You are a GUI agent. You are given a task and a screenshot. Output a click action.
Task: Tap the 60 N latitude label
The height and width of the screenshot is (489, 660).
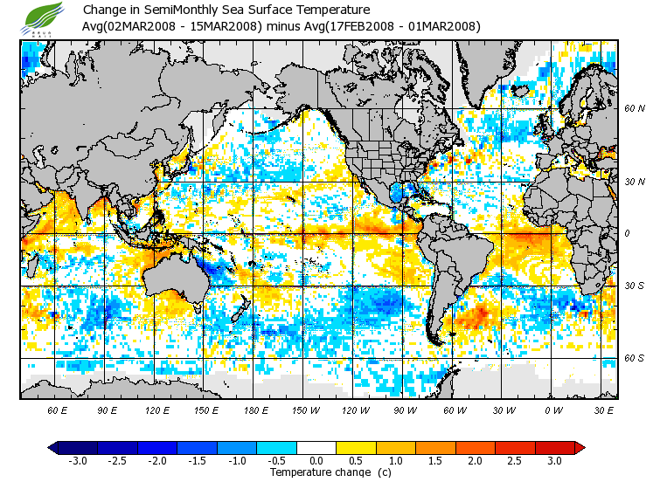click(x=634, y=109)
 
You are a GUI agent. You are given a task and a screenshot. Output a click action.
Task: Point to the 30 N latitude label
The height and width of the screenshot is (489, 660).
click(x=634, y=182)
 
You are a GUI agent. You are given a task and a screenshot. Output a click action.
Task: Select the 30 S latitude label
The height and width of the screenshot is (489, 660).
click(x=634, y=286)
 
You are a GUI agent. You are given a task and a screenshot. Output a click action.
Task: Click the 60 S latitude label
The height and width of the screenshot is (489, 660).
click(x=634, y=358)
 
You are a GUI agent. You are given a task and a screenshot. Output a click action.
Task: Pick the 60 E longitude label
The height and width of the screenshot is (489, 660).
click(x=57, y=409)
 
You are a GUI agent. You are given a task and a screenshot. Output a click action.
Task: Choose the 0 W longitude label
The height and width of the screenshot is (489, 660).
click(x=552, y=409)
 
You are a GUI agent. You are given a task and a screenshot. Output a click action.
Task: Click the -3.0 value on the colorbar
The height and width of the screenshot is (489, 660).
click(x=78, y=460)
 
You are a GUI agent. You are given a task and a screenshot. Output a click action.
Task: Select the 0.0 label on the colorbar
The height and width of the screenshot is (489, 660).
click(x=316, y=460)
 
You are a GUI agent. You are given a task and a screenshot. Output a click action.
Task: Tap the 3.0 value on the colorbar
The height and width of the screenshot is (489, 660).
click(x=554, y=460)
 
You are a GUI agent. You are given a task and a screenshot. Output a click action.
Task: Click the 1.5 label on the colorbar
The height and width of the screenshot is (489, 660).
click(x=435, y=460)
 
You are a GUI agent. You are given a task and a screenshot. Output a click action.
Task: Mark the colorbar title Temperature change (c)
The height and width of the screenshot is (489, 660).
click(x=318, y=472)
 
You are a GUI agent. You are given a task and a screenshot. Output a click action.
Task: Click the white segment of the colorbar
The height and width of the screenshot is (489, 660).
click(x=316, y=448)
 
